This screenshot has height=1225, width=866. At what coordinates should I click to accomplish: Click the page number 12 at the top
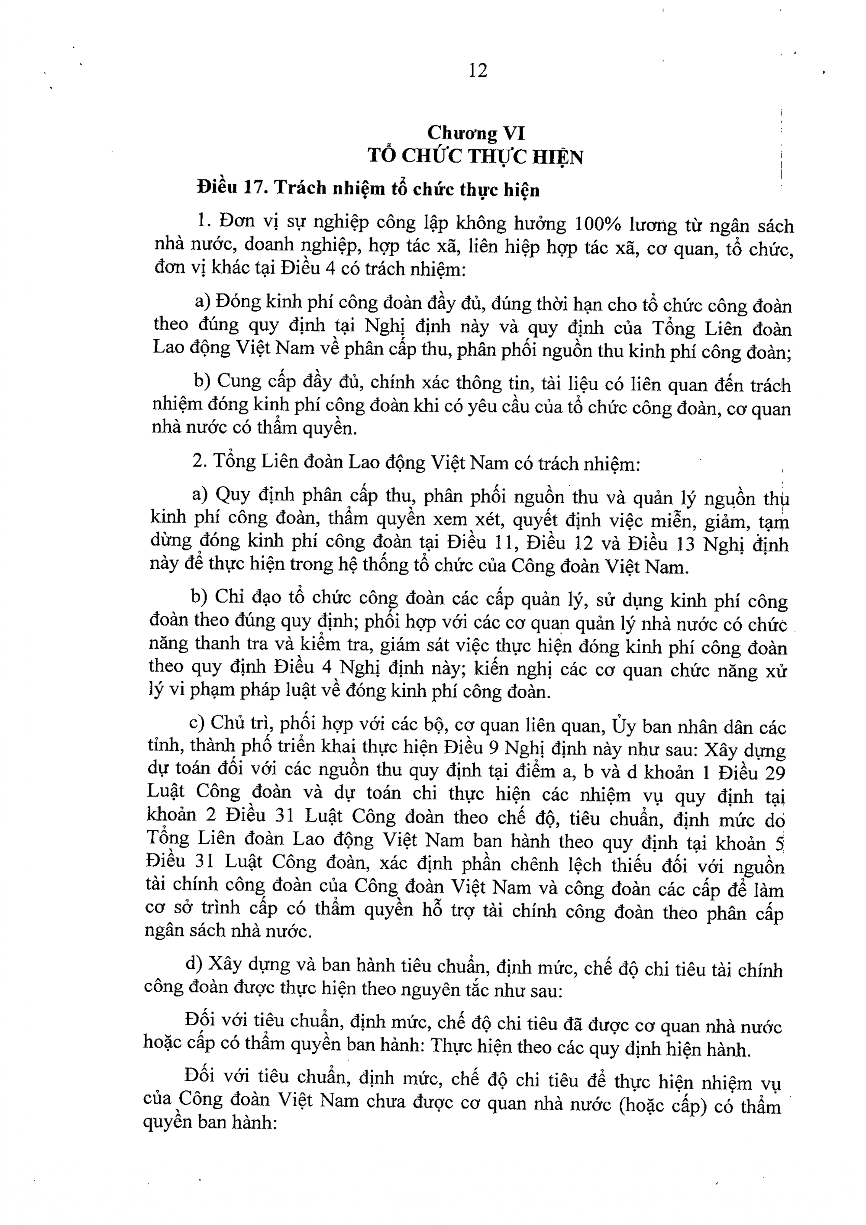(x=478, y=71)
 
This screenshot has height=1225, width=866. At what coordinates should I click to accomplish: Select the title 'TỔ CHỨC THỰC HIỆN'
(x=475, y=157)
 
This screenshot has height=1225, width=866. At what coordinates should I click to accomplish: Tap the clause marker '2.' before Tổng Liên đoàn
(x=200, y=462)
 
